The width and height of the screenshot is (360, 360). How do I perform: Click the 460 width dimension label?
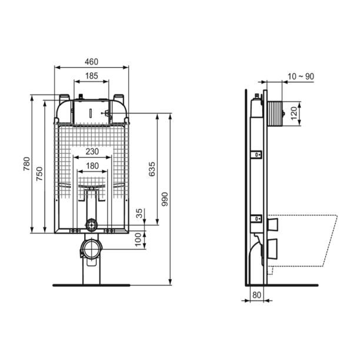pyautogui.click(x=91, y=61)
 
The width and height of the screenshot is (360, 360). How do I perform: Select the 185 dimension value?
pyautogui.click(x=91, y=76)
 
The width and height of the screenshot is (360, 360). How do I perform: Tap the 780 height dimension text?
pyautogui.click(x=25, y=163)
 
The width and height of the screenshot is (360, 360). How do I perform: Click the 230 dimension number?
pyautogui.click(x=91, y=152)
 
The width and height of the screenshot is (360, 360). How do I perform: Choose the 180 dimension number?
pyautogui.click(x=91, y=166)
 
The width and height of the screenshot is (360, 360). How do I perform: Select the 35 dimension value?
pyautogui.click(x=139, y=214)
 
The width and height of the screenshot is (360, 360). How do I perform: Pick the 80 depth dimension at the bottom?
pyautogui.click(x=255, y=294)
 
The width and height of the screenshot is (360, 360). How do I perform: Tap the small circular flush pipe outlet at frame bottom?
pyautogui.click(x=91, y=225)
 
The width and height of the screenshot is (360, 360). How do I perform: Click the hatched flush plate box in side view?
pyautogui.click(x=275, y=112)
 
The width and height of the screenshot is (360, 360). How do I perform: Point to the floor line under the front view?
pyautogui.click(x=91, y=285)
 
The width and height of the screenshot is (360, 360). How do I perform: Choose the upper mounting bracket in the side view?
pyautogui.click(x=256, y=155)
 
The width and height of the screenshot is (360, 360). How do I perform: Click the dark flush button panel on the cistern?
pyautogui.click(x=91, y=111)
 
